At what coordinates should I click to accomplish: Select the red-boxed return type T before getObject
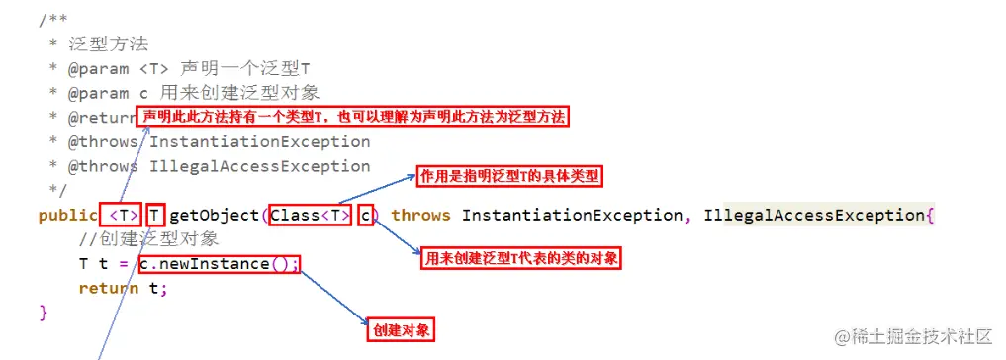pyautogui.click(x=155, y=215)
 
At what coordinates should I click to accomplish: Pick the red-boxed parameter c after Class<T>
pyautogui.click(x=365, y=215)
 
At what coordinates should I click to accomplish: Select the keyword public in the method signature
pyautogui.click(x=67, y=215)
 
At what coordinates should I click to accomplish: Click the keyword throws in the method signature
pyautogui.click(x=422, y=215)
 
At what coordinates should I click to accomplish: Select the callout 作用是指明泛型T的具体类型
pyautogui.click(x=510, y=177)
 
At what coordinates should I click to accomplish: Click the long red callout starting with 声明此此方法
pyautogui.click(x=355, y=117)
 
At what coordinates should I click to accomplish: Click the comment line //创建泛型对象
pyautogui.click(x=148, y=239)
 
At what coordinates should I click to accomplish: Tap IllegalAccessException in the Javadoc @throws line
pyautogui.click(x=259, y=166)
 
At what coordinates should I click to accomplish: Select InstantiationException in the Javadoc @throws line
pyautogui.click(x=259, y=141)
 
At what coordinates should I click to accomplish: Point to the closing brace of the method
pyautogui.click(x=43, y=313)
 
